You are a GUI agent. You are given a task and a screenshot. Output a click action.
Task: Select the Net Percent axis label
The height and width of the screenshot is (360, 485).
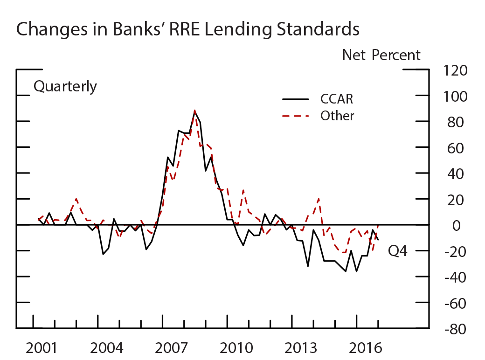tap(381, 55)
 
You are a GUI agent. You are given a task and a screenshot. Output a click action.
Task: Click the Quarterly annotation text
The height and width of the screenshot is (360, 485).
tap(65, 86)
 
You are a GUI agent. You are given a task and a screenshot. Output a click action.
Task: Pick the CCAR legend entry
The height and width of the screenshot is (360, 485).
tap(336, 99)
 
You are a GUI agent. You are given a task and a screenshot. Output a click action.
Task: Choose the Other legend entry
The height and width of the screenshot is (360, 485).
tap(337, 116)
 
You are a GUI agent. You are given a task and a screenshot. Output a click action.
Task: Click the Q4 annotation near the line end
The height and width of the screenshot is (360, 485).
tap(398, 252)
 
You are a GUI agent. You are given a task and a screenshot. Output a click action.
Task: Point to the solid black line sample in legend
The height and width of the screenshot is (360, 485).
tap(296, 99)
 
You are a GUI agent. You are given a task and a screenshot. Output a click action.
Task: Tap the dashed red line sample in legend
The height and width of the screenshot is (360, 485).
tap(296, 116)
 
